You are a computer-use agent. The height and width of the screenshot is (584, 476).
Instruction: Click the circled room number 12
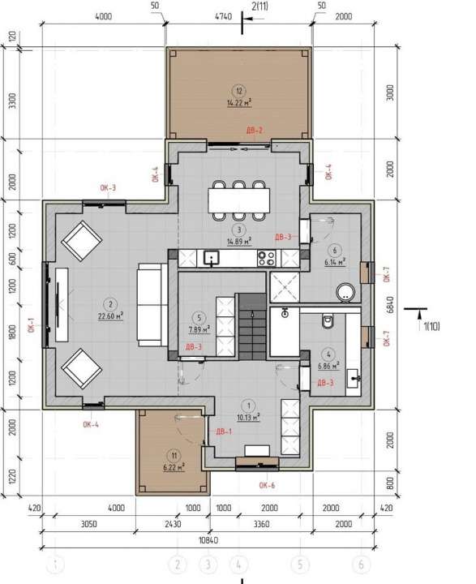(x=238, y=91)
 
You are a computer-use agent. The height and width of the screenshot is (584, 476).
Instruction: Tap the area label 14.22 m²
(x=238, y=103)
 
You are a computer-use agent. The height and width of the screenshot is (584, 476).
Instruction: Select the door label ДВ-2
(x=255, y=131)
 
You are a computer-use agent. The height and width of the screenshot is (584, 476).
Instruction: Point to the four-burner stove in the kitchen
(x=266, y=259)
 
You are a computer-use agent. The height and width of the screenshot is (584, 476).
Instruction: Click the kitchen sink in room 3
(x=212, y=259)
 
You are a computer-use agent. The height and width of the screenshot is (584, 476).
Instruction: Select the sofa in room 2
(x=151, y=304)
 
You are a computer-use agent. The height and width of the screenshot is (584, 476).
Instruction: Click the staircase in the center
(x=251, y=322)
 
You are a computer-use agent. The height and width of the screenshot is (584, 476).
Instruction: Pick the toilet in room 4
(x=328, y=321)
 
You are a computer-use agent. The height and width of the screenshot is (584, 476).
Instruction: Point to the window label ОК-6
(x=268, y=487)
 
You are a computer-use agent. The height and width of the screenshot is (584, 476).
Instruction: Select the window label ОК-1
(x=32, y=325)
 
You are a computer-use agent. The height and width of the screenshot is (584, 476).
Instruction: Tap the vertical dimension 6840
(x=391, y=304)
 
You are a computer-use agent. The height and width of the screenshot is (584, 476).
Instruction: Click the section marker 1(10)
(x=430, y=327)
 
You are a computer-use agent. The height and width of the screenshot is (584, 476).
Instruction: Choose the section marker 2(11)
(x=261, y=7)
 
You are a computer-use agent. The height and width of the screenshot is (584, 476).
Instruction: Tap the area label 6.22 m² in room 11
(x=173, y=467)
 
